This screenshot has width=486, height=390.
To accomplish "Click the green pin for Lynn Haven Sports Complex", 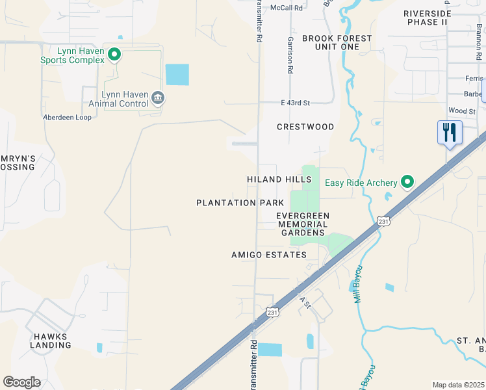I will [x=114, y=55].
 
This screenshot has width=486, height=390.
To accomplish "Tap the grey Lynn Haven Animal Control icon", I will [x=157, y=98].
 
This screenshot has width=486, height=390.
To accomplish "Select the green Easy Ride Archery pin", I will [x=407, y=181].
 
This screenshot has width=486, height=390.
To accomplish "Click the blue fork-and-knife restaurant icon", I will [x=450, y=133].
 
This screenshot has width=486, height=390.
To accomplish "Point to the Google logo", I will [x=21, y=382].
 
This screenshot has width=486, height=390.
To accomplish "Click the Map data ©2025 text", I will [x=458, y=385].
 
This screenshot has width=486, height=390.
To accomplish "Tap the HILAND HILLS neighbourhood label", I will [x=279, y=179].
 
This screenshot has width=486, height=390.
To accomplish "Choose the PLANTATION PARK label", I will [x=240, y=203].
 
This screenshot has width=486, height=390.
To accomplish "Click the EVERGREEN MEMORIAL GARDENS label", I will [x=302, y=224].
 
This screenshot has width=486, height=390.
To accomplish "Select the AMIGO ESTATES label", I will [x=269, y=255].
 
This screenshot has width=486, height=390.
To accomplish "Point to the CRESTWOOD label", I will [x=305, y=127].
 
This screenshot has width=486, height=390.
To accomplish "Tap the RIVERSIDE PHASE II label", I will [x=427, y=18].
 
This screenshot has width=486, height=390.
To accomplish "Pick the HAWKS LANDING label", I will [x=50, y=341].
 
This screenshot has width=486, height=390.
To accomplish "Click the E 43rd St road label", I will [x=296, y=103].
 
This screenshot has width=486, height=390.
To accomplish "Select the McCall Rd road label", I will [x=287, y=8].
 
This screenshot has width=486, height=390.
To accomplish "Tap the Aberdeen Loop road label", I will [x=67, y=117].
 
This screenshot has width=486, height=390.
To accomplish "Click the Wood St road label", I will [x=462, y=111].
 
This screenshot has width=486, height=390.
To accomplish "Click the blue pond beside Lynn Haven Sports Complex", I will [x=177, y=75].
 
